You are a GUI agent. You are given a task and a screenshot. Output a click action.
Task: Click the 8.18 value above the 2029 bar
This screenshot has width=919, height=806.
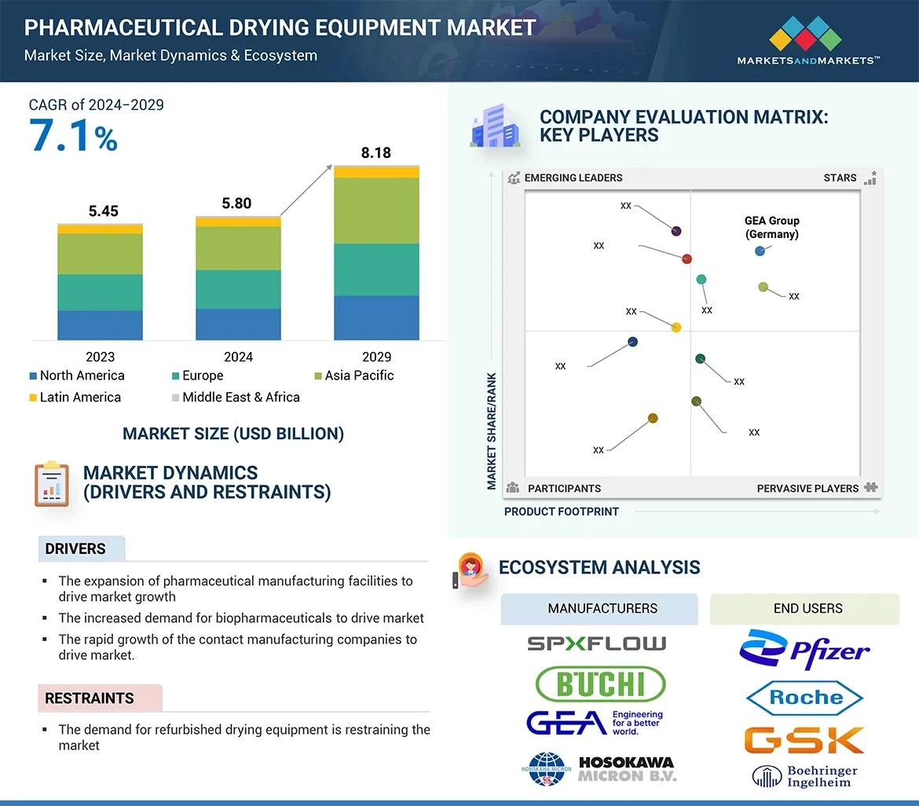point(375,152)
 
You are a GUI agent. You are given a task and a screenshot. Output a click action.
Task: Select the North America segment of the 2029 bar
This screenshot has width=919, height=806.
point(376,317)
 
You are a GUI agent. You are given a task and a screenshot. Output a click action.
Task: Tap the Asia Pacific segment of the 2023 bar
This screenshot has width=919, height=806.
point(100,254)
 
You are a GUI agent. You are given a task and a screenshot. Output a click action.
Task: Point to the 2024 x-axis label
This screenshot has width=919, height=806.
point(238,357)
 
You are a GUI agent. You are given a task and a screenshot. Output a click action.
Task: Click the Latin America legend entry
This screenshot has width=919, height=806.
point(75,398)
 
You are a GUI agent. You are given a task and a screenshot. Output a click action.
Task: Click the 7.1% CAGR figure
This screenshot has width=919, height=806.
point(73,135)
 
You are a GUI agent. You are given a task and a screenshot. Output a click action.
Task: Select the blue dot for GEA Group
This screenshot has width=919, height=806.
point(760,251)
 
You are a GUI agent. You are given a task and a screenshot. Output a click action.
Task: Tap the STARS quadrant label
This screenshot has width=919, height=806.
point(840,178)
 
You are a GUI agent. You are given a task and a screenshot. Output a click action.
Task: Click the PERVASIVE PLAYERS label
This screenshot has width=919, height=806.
point(807,489)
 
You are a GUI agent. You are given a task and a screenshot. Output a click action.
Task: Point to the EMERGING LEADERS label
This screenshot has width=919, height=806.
point(573,178)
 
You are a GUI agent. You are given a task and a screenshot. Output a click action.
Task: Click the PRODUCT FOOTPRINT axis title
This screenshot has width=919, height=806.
point(562,511)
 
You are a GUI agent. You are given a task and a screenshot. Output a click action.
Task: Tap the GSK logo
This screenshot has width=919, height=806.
point(804,739)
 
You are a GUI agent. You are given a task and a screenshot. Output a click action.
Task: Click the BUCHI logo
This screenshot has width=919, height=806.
point(600,683)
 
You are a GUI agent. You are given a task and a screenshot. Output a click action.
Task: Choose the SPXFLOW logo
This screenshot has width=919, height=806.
point(597,643)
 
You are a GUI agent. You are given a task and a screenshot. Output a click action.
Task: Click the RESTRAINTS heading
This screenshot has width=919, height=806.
point(90,698)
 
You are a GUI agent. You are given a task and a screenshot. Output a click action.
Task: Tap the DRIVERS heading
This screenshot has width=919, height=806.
point(75,549)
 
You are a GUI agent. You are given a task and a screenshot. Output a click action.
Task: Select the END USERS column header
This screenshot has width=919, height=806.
point(807,609)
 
